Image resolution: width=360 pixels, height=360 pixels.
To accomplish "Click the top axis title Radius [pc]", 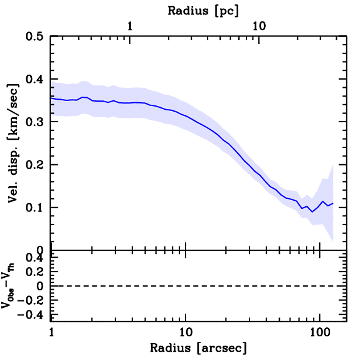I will [x=203, y=11].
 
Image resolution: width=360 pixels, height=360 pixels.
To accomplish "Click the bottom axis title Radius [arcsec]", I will [x=198, y=348].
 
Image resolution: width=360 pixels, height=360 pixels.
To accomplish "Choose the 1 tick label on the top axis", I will [x=130, y=26].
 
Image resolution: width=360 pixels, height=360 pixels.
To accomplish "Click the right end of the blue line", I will [x=333, y=204].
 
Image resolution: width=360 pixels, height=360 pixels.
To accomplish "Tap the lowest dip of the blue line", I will [x=312, y=212].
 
